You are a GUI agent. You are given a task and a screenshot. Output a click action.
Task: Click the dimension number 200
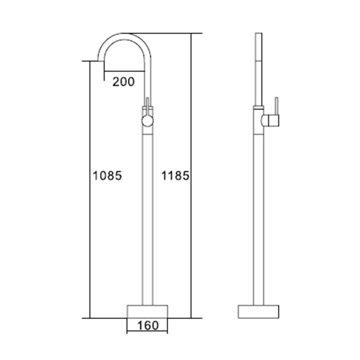[123, 82]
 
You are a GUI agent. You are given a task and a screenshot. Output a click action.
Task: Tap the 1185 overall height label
[175, 176]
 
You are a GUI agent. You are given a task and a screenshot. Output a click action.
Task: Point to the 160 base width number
[148, 325]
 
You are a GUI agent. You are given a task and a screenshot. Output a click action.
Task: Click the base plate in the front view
[148, 311]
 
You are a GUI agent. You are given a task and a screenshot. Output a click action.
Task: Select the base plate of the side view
[258, 311]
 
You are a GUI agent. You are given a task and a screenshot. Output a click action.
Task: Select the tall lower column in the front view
[148, 216]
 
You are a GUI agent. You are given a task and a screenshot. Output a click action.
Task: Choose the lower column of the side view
[258, 216]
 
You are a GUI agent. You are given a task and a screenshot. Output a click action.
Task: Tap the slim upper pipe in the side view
[258, 68]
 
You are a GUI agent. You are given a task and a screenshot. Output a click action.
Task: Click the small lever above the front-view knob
[147, 103]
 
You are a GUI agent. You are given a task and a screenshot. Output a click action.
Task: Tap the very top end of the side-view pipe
[258, 34]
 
